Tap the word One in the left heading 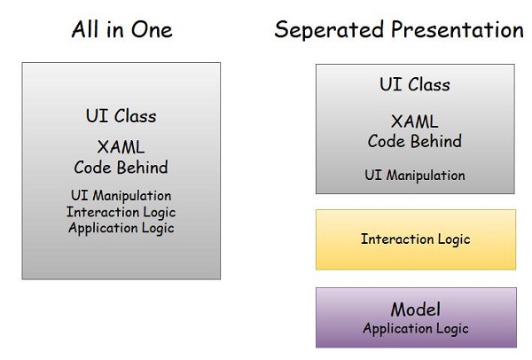coord(153,30)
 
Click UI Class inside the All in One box coord(121,116)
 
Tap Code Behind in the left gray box coord(121,168)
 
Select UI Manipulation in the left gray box coord(121,195)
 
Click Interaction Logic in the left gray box coord(121,211)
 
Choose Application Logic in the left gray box coord(121,227)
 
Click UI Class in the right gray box coord(414,85)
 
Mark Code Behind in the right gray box coord(414,140)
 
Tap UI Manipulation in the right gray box coord(414,175)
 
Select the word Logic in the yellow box coord(453,239)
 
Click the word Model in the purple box coord(415,309)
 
